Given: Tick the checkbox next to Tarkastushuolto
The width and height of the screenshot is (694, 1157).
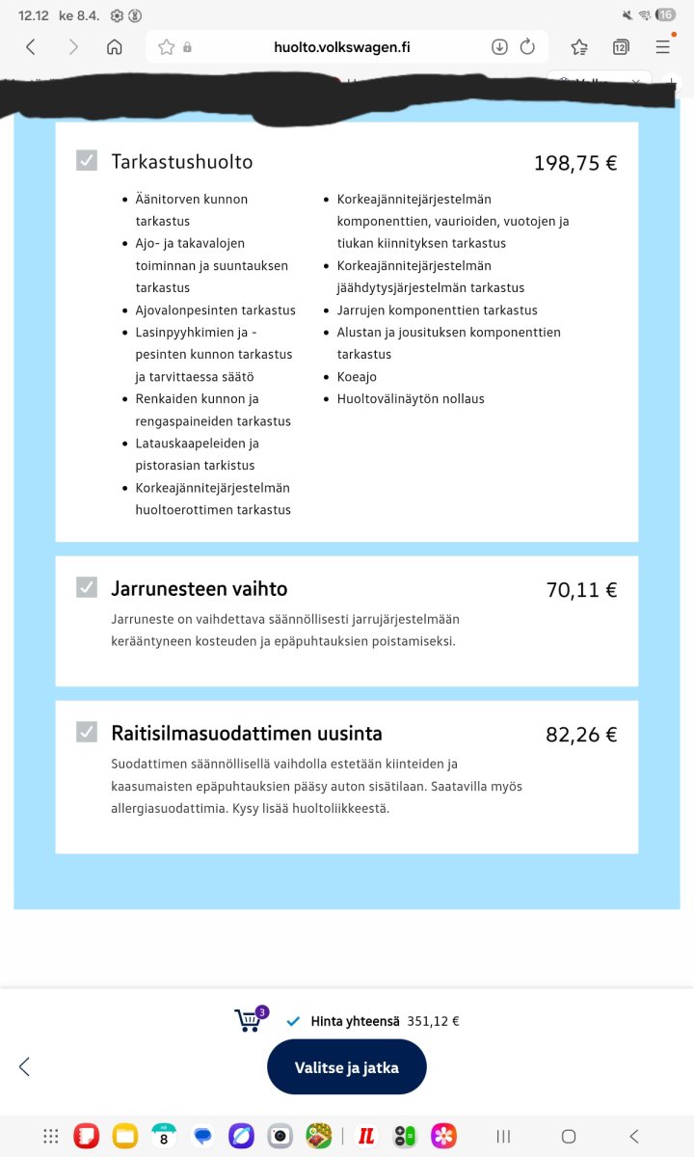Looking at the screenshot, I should [x=87, y=161].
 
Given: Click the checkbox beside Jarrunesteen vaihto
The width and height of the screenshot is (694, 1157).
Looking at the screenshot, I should [x=87, y=587].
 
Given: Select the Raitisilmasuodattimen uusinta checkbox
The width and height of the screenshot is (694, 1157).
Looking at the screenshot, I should [x=87, y=732].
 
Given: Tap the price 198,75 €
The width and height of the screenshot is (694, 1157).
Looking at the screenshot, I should [x=574, y=163].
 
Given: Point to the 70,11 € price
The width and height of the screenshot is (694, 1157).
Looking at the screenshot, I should [x=581, y=590].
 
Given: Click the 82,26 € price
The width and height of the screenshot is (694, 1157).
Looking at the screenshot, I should [x=581, y=735].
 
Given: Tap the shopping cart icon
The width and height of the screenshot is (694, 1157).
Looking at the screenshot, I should [x=249, y=1020].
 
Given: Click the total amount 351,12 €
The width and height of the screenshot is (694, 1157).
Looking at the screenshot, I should [x=433, y=1021].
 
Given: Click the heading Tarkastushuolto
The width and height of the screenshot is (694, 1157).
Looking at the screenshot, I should [x=182, y=161].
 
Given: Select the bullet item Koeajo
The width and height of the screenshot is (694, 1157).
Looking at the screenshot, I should [x=357, y=377].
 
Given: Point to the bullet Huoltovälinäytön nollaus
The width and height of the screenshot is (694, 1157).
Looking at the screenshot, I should [x=411, y=399].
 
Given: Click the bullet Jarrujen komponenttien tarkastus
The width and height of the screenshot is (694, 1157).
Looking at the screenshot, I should [x=437, y=310].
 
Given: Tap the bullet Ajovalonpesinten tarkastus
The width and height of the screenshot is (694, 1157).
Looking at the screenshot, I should [x=215, y=310].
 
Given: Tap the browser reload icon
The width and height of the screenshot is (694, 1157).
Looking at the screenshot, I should [x=527, y=46].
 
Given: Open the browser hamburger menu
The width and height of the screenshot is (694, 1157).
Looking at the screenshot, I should [x=663, y=46].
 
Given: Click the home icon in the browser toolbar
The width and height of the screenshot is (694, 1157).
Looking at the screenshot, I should [x=114, y=46].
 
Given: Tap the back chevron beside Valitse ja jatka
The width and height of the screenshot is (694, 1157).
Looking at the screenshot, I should [x=25, y=1066].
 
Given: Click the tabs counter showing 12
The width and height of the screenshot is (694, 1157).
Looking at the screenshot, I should [x=621, y=46].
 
